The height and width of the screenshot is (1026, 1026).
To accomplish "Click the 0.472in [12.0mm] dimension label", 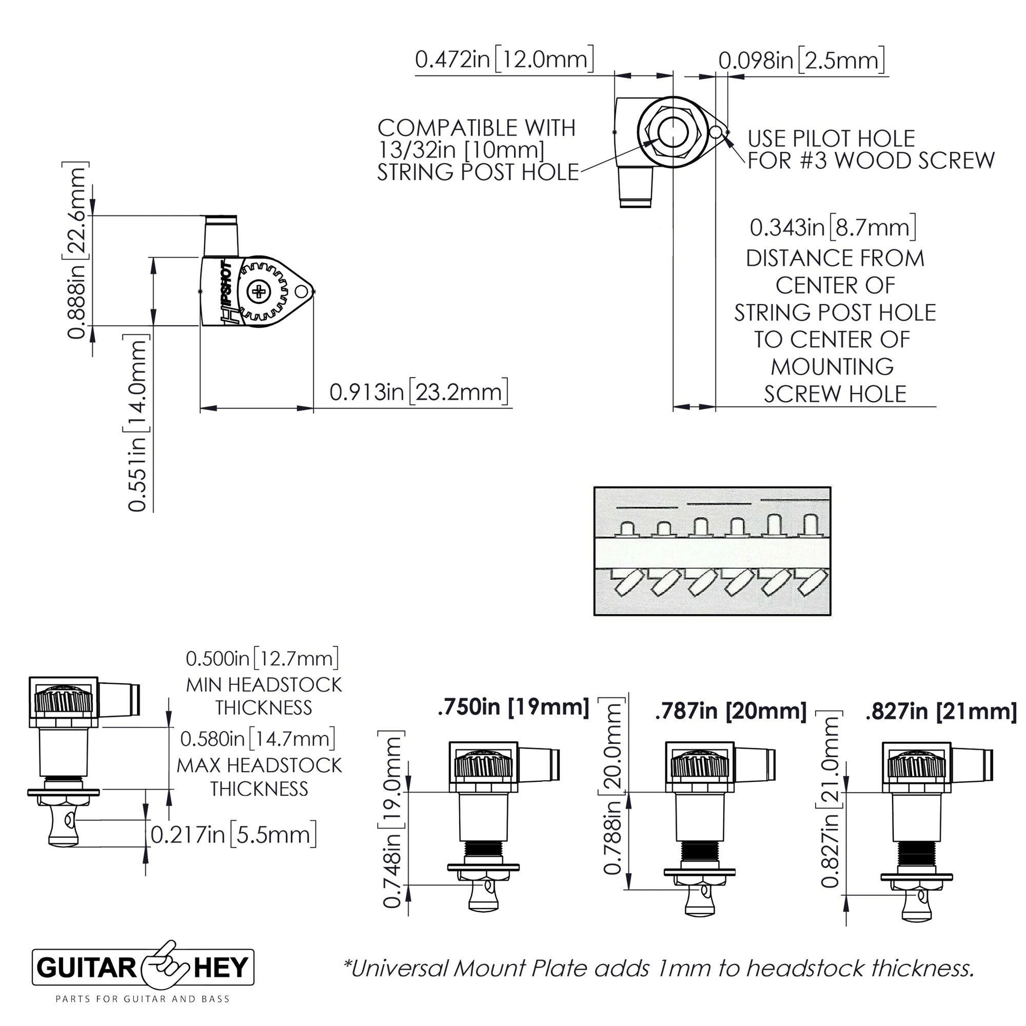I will pos(504,60).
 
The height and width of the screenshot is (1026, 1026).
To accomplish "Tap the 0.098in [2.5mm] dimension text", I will pos(801,61).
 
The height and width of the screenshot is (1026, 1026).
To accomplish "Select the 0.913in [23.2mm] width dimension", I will pos(419,392).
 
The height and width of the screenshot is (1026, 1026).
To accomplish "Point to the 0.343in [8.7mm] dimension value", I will pos(833,228).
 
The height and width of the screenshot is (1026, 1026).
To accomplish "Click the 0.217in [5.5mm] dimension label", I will pos(234,834).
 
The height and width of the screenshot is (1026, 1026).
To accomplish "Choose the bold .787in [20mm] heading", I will pos(731,712).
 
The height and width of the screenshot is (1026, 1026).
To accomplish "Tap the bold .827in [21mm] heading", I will pos(941,712).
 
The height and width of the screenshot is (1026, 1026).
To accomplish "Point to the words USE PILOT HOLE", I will pos(831,139).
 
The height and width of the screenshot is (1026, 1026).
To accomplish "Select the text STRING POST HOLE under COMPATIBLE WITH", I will pos(477,172).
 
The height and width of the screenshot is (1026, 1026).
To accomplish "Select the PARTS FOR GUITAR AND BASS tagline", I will pos(143,999).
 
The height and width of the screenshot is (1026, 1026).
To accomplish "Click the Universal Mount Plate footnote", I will pos(659,968).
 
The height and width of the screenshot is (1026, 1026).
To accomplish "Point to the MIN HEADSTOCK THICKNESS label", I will pos(264,696).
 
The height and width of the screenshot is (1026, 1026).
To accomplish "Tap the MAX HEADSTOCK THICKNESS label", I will pos(259,777).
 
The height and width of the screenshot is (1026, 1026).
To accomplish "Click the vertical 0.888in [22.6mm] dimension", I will pos(78,252).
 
